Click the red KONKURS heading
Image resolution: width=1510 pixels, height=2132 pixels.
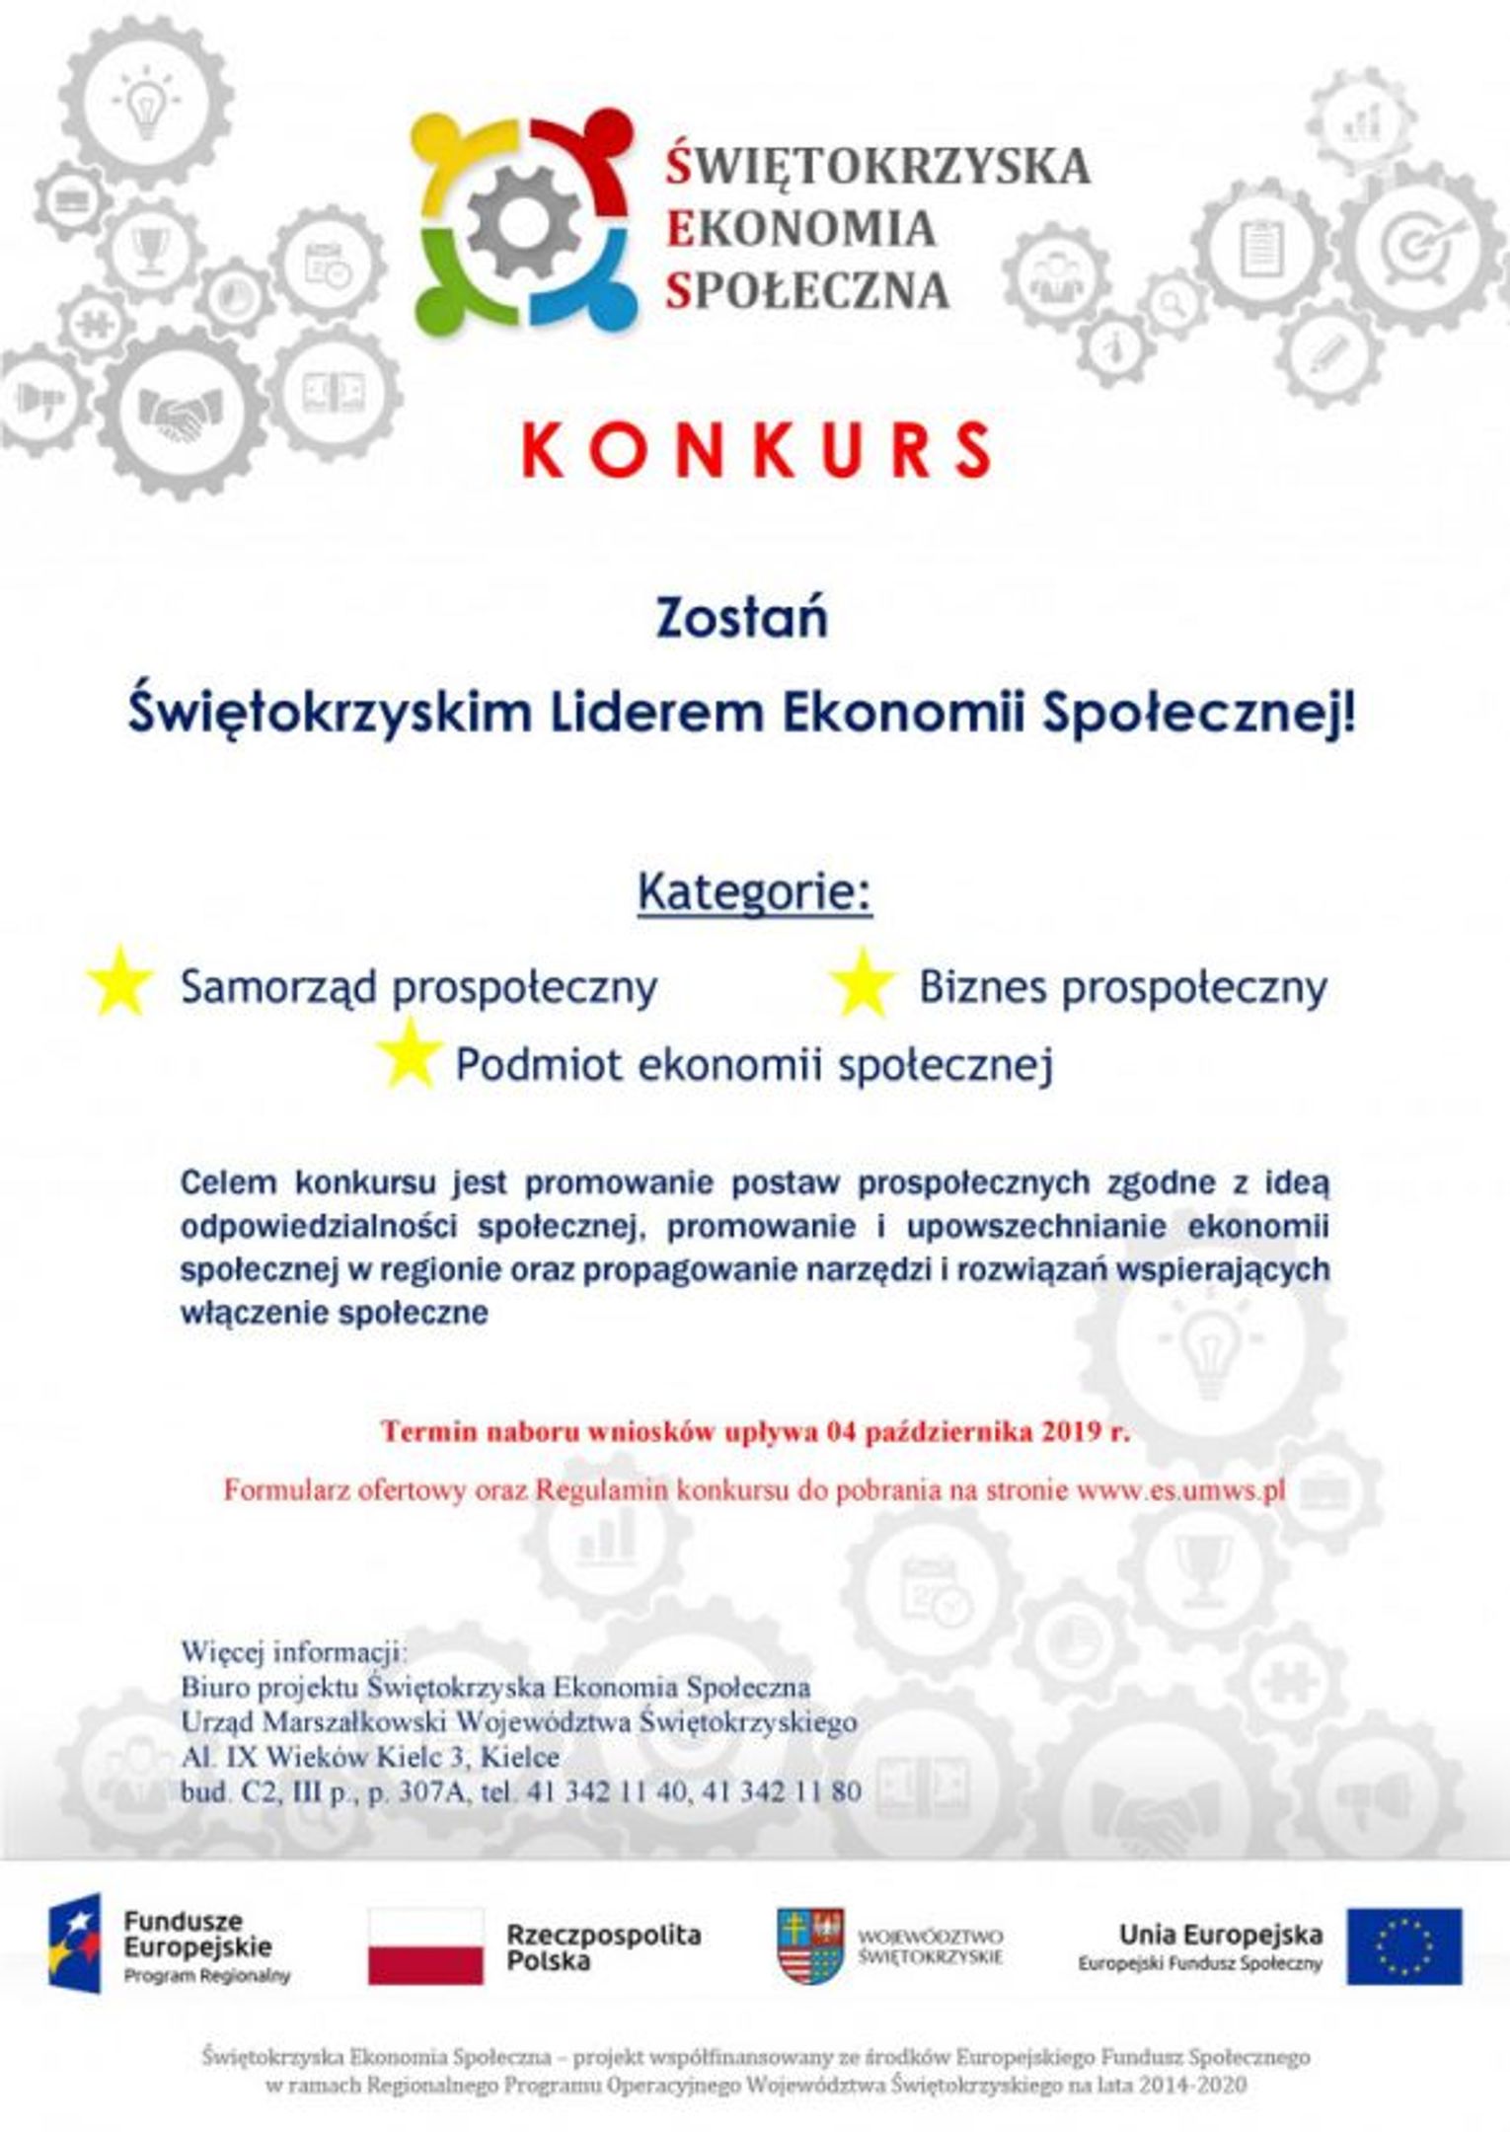(755, 450)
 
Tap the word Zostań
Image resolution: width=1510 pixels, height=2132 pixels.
(742, 619)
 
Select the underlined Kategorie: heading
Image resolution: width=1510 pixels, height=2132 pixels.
(755, 891)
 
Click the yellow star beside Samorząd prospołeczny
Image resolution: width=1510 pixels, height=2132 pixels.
(119, 982)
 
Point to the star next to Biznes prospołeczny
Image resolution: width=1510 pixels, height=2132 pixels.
(862, 983)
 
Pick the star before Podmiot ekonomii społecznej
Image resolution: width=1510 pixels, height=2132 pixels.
(409, 1055)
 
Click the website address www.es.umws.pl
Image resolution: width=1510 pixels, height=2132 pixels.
(1180, 1489)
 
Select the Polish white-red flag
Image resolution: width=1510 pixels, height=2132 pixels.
(425, 1945)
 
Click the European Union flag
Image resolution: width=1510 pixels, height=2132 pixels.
(1404, 1945)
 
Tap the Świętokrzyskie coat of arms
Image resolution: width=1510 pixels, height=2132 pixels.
(809, 1945)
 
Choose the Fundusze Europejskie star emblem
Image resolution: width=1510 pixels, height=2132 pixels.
(75, 1943)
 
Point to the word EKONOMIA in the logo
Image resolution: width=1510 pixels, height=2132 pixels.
(800, 229)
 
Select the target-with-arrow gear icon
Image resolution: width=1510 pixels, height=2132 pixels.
(1422, 242)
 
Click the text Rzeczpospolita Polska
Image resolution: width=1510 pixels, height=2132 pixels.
(603, 1946)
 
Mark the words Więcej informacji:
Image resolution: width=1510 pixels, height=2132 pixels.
(293, 1651)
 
